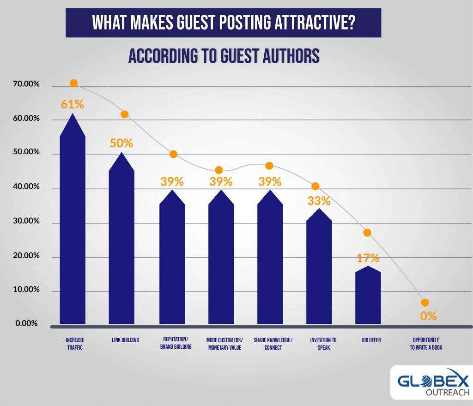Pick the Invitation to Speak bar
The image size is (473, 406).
319,268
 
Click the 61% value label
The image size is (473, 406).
73,104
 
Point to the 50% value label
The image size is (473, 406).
121,143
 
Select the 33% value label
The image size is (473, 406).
319,201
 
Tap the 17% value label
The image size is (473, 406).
368,258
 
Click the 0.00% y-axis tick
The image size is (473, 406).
26,323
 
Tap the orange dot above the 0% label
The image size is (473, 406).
425,303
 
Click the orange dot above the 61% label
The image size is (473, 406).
73,83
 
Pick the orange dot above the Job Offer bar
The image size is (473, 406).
367,232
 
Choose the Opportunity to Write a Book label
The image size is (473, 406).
426,344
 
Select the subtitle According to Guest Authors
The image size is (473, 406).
224,56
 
